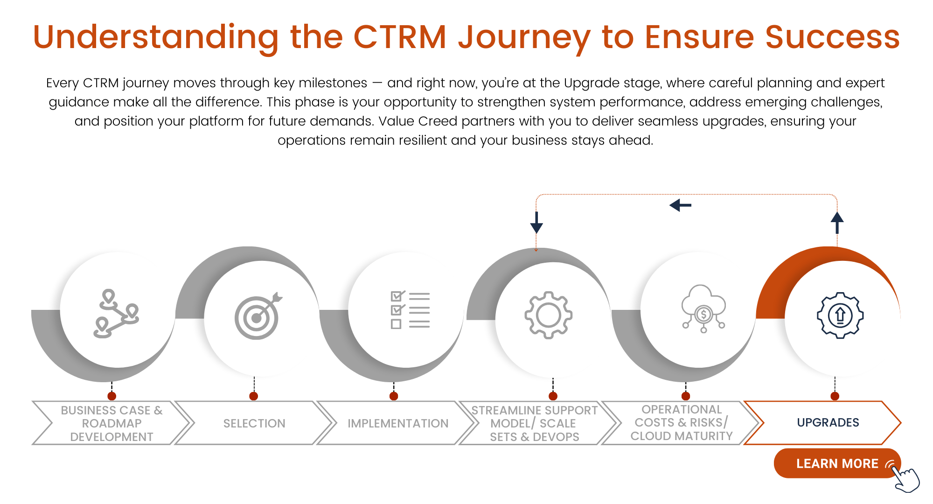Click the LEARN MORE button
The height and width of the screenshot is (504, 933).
click(836, 463)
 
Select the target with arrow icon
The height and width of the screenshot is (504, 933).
click(258, 316)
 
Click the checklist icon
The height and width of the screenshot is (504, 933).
click(410, 310)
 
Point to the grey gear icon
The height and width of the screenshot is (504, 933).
click(548, 315)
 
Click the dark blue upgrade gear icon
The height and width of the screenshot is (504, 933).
click(840, 315)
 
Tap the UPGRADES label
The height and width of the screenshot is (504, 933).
click(828, 422)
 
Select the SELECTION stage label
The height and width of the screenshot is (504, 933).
click(254, 423)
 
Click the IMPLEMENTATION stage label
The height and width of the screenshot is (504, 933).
click(397, 423)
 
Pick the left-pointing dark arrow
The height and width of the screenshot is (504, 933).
click(680, 205)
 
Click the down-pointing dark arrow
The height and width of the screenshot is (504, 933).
click(536, 223)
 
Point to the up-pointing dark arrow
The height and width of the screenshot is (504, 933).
click(837, 223)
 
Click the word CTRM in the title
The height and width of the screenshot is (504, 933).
click(400, 37)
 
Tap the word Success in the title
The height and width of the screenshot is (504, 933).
click(832, 37)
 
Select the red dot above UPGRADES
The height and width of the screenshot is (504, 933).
click(835, 396)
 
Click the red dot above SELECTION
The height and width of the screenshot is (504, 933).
click(254, 396)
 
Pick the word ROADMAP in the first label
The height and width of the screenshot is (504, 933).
click(111, 423)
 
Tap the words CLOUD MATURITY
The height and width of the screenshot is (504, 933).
click(682, 436)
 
